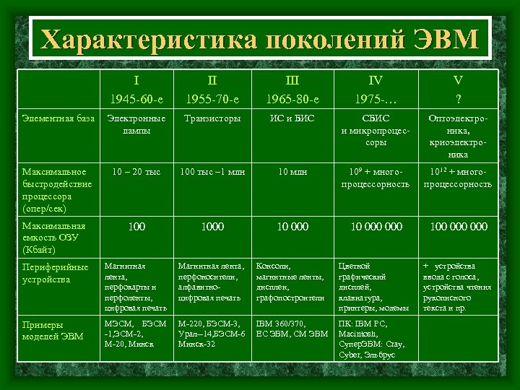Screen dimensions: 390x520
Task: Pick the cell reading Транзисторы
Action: (212, 118)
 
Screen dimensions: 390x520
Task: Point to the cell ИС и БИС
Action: (292, 118)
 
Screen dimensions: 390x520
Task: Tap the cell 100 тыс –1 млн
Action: (212, 172)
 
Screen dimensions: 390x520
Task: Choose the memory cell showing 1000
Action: (212, 227)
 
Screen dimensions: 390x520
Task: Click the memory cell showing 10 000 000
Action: (376, 227)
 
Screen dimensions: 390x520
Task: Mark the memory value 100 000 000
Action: (457, 227)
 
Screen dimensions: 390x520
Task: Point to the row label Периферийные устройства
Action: (55, 272)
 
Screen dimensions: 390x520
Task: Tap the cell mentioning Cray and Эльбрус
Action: (376, 338)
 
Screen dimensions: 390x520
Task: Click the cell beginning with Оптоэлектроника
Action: (457, 136)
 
